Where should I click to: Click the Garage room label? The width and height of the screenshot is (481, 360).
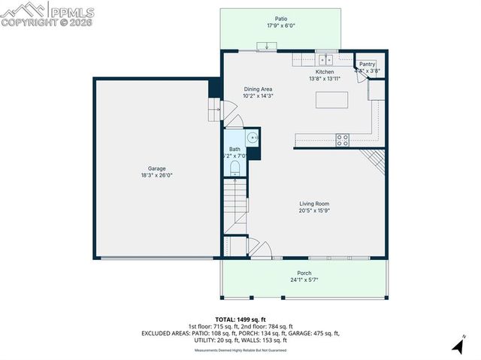pyautogui.click(x=157, y=168)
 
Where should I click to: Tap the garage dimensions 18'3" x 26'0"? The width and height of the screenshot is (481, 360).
pyautogui.click(x=157, y=175)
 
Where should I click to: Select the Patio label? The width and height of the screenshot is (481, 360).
pyautogui.click(x=281, y=19)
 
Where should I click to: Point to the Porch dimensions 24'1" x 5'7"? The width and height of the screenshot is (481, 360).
pyautogui.click(x=304, y=280)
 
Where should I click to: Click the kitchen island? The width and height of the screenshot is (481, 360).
pyautogui.click(x=332, y=101)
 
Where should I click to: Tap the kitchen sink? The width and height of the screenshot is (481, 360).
pyautogui.click(x=325, y=59)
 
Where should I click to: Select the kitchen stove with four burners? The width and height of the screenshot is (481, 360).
pyautogui.click(x=342, y=139)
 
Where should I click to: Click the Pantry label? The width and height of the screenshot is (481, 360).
pyautogui.click(x=367, y=65)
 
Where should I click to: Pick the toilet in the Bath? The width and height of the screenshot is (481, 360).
pyautogui.click(x=234, y=168)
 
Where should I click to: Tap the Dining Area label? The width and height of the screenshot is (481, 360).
pyautogui.click(x=257, y=89)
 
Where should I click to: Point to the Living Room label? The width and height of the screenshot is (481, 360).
pyautogui.click(x=314, y=204)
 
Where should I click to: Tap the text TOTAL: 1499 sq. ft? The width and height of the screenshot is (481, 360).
pyautogui.click(x=240, y=319)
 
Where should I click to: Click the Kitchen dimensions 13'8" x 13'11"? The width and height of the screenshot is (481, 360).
pyautogui.click(x=325, y=78)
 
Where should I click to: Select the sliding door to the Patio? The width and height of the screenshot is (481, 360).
pyautogui.click(x=266, y=50)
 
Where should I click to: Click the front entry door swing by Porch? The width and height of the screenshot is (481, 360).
pyautogui.click(x=256, y=248)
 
